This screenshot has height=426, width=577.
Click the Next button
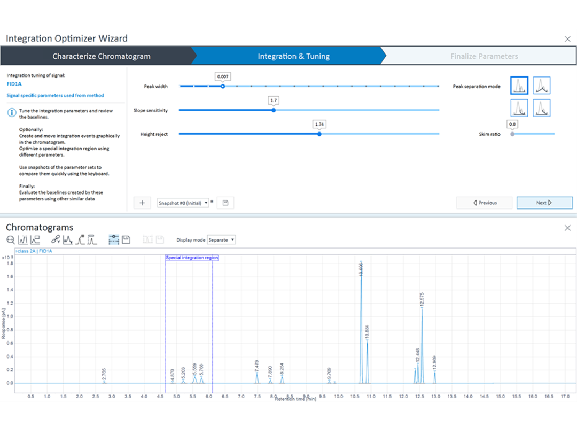coord(544,203)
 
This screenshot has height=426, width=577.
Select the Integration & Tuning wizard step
coord(293,56)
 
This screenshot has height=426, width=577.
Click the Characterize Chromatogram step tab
coord(101,56)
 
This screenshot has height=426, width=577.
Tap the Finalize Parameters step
coord(484,56)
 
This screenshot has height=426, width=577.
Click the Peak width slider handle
coord(223,86)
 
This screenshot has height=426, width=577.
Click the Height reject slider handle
coord(319,134)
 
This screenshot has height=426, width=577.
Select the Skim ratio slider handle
coord(512,134)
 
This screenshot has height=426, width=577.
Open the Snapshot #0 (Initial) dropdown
coord(183,203)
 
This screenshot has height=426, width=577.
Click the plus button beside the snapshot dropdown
coord(142,203)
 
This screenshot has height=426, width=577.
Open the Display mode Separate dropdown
coord(222,240)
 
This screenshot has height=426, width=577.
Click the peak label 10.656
coord(361,269)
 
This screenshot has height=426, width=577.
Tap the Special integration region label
coord(192,258)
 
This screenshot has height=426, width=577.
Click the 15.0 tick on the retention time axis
coord(500,397)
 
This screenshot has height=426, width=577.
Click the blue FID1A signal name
coord(14,84)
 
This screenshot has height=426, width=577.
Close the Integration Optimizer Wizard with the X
coord(567,39)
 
